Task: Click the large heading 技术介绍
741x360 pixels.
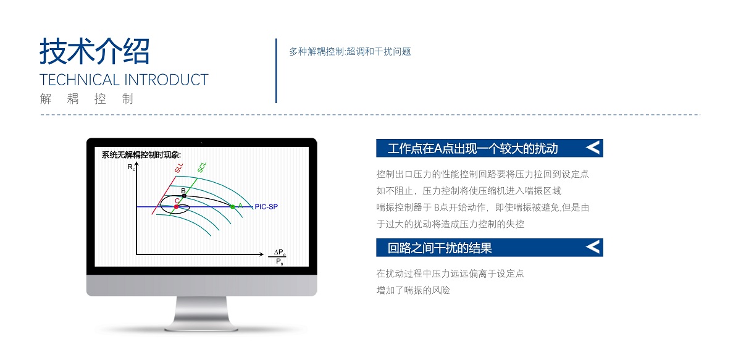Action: pos(94,51)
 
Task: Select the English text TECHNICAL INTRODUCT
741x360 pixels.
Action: pos(124,80)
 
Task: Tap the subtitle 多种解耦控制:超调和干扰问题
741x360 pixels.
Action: pos(350,52)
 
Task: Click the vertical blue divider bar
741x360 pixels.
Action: pos(276,71)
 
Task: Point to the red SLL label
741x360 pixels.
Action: pos(178,168)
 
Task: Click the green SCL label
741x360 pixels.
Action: pos(202,167)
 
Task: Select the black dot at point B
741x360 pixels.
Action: pos(184,196)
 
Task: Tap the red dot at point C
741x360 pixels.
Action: pos(177,207)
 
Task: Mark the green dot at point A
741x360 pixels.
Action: pos(233,207)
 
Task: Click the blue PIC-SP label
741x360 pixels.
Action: pos(266,207)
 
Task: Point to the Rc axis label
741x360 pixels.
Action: pos(131,167)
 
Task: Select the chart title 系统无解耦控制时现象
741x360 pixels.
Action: pos(141,155)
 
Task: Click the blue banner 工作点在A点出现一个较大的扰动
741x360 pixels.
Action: pos(490,148)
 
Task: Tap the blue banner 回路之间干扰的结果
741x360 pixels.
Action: pos(490,248)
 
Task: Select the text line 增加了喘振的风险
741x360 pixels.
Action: pos(413,290)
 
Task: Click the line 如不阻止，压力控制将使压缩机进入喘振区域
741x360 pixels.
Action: pos(469,191)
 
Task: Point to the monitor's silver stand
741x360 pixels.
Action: pos(201,314)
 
